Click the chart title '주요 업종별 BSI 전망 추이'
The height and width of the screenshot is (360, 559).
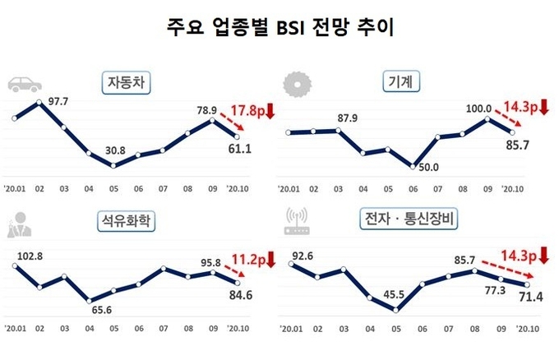279,27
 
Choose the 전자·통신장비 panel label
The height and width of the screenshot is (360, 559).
409,219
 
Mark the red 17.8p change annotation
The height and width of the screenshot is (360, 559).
251,113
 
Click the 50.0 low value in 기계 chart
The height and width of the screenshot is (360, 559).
429,168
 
